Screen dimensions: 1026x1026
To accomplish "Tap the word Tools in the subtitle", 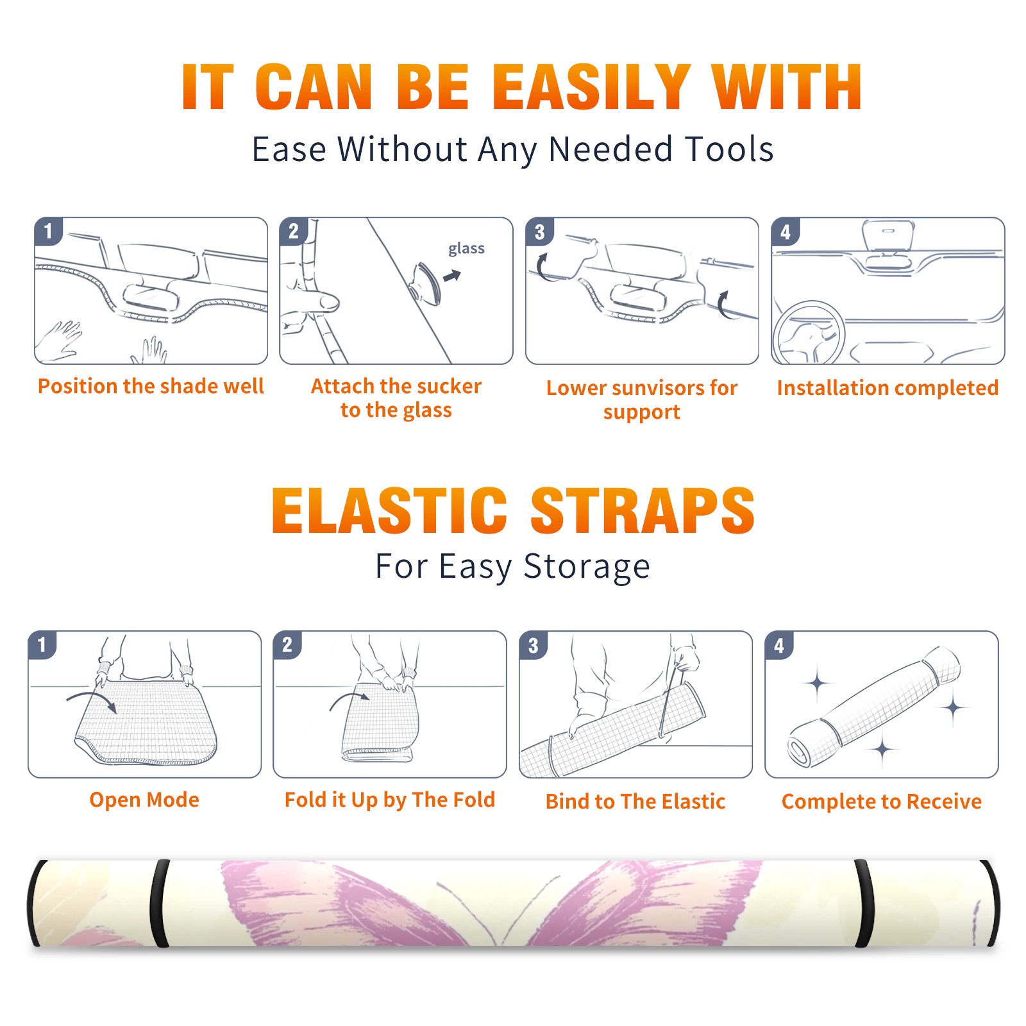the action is [729, 149].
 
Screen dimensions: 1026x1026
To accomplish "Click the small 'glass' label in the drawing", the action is [466, 249].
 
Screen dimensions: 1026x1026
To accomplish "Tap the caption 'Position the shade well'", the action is [151, 386].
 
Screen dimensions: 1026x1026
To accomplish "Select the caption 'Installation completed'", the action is [887, 388].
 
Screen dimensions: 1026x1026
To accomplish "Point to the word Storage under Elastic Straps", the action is [587, 567].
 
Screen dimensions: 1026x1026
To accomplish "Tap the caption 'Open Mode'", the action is [144, 800].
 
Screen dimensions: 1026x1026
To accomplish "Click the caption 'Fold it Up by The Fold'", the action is [390, 800].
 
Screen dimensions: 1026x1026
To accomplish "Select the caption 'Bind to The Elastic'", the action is [635, 802].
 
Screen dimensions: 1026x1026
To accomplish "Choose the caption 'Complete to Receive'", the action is [882, 802].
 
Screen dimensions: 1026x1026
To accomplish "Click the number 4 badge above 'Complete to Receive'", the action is [779, 645].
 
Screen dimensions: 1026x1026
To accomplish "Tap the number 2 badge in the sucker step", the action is [294, 231].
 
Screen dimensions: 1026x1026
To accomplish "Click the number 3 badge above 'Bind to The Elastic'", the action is [534, 645].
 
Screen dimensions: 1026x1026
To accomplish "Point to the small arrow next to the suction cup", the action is [453, 276].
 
